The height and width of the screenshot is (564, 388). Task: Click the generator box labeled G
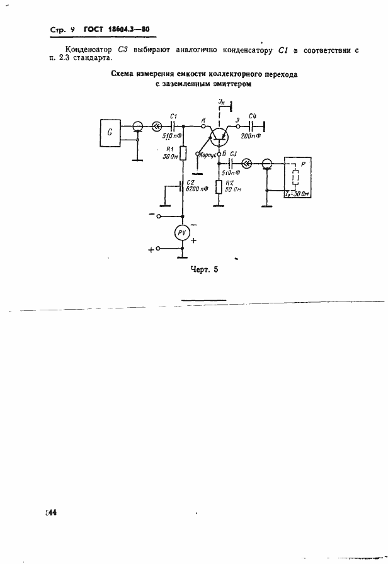coord(111,133)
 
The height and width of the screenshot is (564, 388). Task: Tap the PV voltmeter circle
coord(181,234)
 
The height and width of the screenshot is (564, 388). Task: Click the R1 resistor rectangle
coord(183,152)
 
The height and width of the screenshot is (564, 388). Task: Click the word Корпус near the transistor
coord(207,154)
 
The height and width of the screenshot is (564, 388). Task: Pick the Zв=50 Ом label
coord(299,194)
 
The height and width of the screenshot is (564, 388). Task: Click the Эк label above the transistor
coord(220,101)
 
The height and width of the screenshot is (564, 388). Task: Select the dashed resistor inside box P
coord(295,178)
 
